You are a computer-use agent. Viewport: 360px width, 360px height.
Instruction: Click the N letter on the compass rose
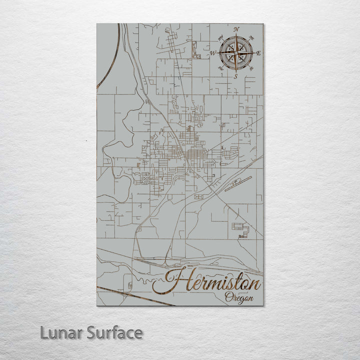click(236, 29)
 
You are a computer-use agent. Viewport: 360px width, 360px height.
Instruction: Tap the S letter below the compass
click(235, 76)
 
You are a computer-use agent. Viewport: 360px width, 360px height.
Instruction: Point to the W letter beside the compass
click(212, 52)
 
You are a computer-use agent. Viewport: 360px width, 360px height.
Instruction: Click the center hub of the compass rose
click(235, 52)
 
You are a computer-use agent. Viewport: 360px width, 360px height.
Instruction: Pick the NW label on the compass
click(221, 36)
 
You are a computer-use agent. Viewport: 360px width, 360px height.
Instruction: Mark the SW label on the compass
click(220, 67)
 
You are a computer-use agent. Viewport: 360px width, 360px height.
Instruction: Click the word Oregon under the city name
click(238, 298)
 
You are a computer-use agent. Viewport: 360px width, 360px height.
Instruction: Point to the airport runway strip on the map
click(235, 185)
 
